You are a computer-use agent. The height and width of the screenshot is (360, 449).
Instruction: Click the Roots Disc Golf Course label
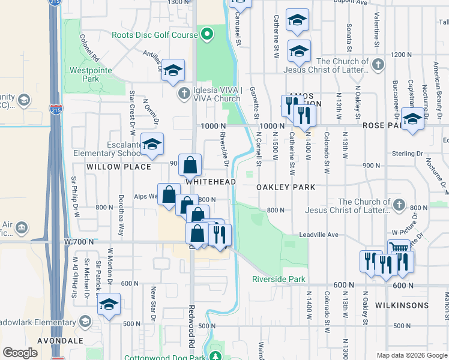[x=154, y=35]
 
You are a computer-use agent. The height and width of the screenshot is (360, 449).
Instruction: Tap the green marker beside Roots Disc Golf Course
[x=207, y=34]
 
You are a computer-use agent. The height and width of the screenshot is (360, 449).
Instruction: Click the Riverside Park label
[x=279, y=279]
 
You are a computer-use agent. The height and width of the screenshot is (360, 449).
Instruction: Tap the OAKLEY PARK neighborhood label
[x=286, y=187]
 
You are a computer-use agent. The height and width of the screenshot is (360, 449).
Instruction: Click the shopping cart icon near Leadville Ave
[x=399, y=248]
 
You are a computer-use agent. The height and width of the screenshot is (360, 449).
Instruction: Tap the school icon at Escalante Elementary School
[x=152, y=144]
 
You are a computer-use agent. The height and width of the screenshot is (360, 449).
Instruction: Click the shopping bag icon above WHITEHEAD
[x=190, y=164]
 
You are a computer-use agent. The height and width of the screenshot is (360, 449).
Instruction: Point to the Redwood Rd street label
[x=193, y=337]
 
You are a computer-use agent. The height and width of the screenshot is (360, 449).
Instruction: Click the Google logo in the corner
[x=20, y=352]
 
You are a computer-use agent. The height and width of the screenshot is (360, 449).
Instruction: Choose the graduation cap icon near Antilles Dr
[x=172, y=71]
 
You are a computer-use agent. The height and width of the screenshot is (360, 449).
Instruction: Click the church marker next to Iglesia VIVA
[x=184, y=94]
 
